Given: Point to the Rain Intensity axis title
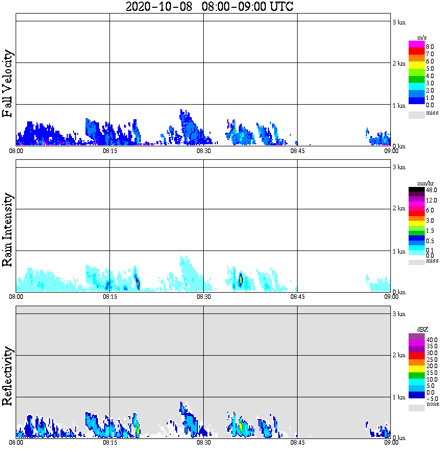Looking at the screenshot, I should [x=8, y=230].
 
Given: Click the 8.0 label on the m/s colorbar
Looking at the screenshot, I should [x=430, y=47].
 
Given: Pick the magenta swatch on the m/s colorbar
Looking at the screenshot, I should [x=416, y=44].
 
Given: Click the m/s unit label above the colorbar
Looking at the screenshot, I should [x=423, y=38].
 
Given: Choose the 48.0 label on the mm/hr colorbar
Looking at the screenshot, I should [x=431, y=191].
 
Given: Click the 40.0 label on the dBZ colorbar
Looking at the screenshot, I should [x=431, y=340].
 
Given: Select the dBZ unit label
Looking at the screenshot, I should [x=423, y=330].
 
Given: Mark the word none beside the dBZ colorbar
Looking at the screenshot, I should [x=433, y=404].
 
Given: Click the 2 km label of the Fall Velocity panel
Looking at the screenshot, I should [x=399, y=64].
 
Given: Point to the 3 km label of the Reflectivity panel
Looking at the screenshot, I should [x=399, y=314].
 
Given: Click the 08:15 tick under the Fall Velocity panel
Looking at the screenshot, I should [x=109, y=151].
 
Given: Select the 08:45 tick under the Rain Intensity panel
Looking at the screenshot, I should [x=297, y=297].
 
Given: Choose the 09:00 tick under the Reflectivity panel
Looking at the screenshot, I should [x=391, y=443].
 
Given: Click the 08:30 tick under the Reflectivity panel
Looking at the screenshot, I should [x=203, y=443].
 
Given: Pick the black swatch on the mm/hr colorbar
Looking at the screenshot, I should [x=416, y=190].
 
